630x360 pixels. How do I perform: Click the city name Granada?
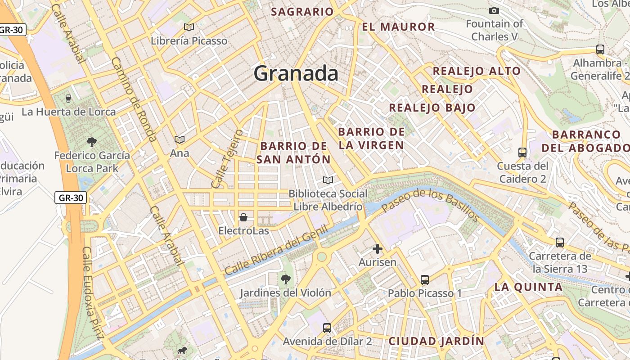pos(296,73)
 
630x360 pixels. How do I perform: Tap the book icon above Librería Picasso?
pos(189,27)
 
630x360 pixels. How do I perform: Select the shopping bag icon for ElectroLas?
pos(243,217)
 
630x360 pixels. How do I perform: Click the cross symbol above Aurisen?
pos(378,248)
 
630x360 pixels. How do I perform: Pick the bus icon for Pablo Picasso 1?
pos(424,279)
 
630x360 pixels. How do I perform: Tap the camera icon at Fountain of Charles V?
pos(494,10)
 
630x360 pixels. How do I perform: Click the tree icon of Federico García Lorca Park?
pos(92,142)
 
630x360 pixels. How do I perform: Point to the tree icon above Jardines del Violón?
pos(285,279)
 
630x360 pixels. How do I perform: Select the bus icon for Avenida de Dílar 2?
pos(327,328)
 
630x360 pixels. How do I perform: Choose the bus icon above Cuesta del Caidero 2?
pos(522,152)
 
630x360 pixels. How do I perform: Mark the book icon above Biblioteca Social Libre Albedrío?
pos(328,180)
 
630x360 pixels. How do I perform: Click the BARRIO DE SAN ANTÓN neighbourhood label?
pos(293,153)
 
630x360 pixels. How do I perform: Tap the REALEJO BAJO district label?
pos(432,108)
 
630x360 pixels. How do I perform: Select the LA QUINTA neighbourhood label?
pos(528,287)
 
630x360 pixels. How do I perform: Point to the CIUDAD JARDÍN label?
pos(436,341)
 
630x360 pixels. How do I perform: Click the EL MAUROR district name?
pos(398,27)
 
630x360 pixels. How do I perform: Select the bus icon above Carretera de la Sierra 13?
pos(560,243)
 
